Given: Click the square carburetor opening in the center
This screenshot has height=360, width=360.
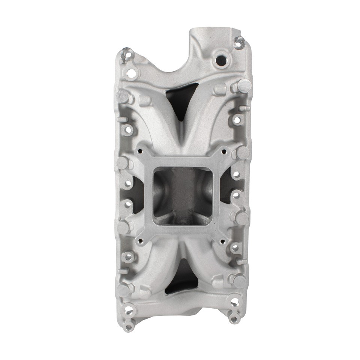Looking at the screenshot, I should [x=183, y=192].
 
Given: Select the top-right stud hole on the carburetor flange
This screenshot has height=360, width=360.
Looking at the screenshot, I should [x=224, y=151].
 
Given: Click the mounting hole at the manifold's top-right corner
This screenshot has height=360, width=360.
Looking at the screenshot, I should [x=239, y=44].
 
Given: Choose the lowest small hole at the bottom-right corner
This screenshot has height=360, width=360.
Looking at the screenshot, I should [x=234, y=319].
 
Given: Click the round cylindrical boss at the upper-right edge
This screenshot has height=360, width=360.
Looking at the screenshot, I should [x=243, y=86].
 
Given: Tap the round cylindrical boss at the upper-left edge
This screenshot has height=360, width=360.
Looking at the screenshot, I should [x=123, y=96].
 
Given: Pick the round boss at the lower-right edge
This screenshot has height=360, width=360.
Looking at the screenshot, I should [x=239, y=280].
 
